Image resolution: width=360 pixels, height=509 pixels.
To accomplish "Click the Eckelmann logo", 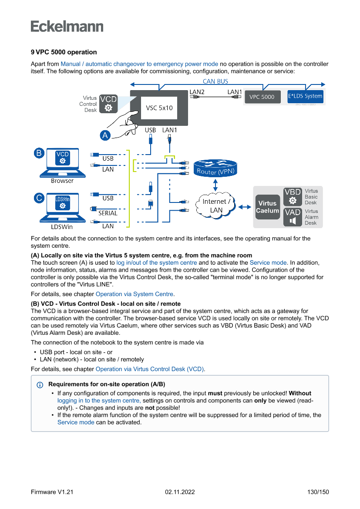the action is (67, 27).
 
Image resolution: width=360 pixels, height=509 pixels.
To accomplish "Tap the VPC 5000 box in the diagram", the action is (262, 97).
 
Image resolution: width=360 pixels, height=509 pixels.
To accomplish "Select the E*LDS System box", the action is (305, 96).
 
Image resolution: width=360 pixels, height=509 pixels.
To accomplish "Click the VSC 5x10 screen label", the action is (159, 108).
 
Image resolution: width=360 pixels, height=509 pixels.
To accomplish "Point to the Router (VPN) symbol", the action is (215, 168).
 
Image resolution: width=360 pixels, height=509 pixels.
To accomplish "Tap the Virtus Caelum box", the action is (267, 207).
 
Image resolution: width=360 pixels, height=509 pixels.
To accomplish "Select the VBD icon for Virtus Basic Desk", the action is (293, 197).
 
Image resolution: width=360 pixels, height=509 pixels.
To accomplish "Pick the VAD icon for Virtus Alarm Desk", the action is (293, 217).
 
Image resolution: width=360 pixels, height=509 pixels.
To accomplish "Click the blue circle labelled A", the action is (105, 135).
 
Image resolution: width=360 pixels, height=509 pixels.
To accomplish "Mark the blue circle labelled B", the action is (39, 153).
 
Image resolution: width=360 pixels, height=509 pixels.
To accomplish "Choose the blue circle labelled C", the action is (39, 198).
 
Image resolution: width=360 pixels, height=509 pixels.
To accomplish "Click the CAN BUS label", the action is (215, 81).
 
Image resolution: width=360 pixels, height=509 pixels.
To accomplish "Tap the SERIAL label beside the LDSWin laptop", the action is (108, 213).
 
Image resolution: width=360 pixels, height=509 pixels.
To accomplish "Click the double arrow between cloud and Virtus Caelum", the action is (245, 207).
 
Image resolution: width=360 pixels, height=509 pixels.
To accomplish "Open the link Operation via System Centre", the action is (135, 294).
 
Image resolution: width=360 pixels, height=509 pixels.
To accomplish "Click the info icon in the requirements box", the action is (40, 385).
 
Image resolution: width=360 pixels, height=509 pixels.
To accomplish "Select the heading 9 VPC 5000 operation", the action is (64, 52).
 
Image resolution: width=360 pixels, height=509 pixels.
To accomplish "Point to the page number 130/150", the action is (318, 492).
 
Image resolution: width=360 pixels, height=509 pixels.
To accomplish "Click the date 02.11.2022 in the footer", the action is (180, 492).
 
